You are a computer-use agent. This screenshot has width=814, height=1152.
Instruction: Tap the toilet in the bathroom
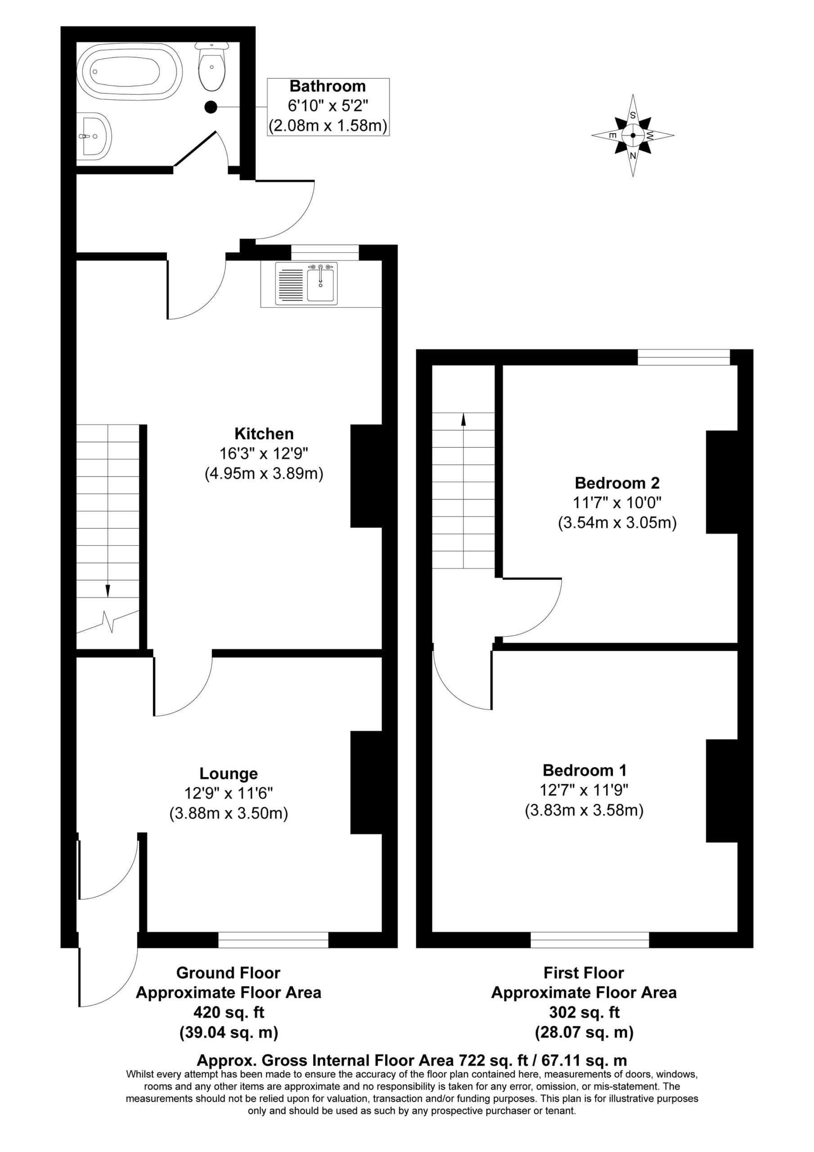(212, 66)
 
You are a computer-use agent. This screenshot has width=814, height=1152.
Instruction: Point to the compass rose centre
(633, 135)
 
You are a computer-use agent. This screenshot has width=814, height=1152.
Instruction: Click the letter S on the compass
(633, 115)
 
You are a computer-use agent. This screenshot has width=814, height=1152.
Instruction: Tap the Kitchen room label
(264, 433)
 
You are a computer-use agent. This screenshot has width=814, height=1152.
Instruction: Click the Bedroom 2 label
(617, 483)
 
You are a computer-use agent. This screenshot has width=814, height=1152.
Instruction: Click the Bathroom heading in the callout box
(328, 86)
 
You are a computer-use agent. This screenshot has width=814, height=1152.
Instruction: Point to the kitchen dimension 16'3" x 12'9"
(264, 454)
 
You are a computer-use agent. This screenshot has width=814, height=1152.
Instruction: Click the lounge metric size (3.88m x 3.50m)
(229, 813)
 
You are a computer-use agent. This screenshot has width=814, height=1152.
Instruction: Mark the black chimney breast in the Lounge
(366, 782)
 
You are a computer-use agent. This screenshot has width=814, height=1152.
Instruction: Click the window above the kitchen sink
(325, 252)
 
